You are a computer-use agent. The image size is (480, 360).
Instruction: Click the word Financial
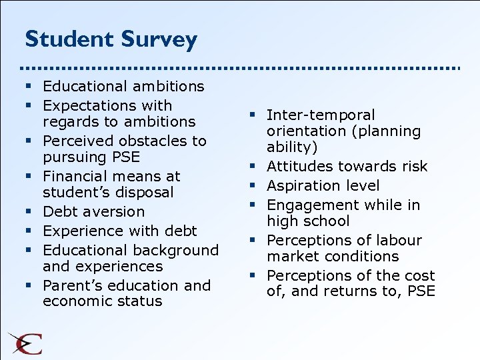[73, 176]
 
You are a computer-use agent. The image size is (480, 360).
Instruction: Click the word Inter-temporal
[321, 115]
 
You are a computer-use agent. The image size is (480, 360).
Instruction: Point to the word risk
[415, 166]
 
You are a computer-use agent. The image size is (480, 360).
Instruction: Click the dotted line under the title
[240, 68]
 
